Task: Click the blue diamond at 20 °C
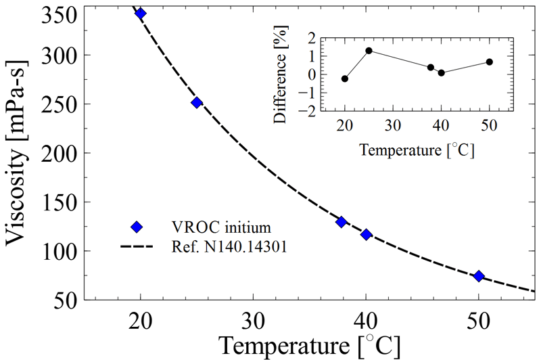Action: tap(141, 13)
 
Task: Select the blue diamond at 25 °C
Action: tap(197, 102)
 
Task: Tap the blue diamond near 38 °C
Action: tap(342, 222)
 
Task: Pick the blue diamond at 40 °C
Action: tap(366, 234)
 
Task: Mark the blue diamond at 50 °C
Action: tap(479, 276)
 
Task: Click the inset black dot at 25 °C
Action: tap(369, 51)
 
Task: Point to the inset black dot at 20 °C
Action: tap(345, 78)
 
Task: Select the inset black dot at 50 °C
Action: tap(490, 62)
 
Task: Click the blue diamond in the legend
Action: tap(137, 226)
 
